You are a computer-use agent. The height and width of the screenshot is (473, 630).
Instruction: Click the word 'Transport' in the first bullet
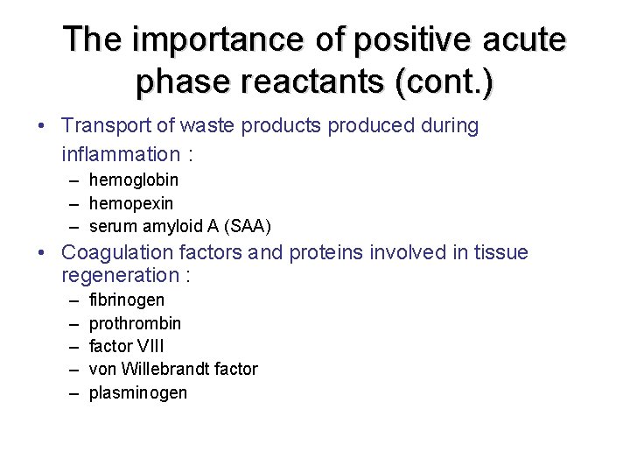tap(105, 126)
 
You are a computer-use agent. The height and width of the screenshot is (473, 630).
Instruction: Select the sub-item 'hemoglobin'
tap(134, 180)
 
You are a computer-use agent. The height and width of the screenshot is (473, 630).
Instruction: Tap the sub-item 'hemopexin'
tap(131, 203)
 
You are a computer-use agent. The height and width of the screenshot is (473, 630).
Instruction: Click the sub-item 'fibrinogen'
tap(127, 300)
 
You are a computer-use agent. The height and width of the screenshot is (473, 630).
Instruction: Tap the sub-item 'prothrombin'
tap(136, 323)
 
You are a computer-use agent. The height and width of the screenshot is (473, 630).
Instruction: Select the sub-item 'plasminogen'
tap(138, 392)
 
